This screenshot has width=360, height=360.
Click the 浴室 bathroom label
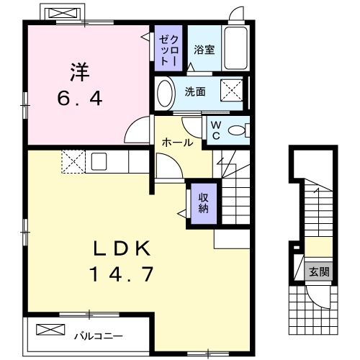[204, 50]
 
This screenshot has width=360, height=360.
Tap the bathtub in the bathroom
[236, 50]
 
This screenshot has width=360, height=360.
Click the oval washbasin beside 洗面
[165, 94]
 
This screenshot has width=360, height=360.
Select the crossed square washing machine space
[230, 92]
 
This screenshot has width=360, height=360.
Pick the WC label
[216, 129]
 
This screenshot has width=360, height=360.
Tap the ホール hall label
[177, 143]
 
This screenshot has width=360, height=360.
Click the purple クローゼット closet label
[166, 50]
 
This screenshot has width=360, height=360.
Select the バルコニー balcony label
[98, 335]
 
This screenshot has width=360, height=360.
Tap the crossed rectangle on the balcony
[50, 330]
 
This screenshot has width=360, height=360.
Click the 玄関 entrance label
[318, 271]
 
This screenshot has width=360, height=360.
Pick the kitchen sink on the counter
[99, 160]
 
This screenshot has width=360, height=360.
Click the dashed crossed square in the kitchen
[73, 161]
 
